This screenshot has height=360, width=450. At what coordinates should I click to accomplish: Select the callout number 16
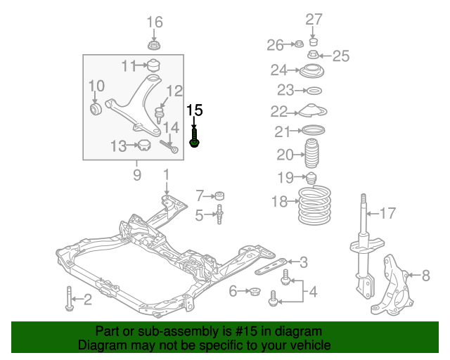click(154, 22)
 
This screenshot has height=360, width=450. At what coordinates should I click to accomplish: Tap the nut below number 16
click(154, 46)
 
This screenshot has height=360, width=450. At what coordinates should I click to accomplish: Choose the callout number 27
click(314, 19)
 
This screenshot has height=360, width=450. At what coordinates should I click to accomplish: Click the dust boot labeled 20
click(311, 155)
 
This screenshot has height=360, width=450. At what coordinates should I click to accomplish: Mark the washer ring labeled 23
click(314, 91)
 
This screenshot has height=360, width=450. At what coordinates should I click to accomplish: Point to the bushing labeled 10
click(97, 109)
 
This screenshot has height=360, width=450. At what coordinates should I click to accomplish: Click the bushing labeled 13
click(146, 146)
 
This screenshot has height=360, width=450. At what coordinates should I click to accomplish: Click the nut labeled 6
click(255, 291)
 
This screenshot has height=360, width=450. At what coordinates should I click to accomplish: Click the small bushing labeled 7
click(221, 195)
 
